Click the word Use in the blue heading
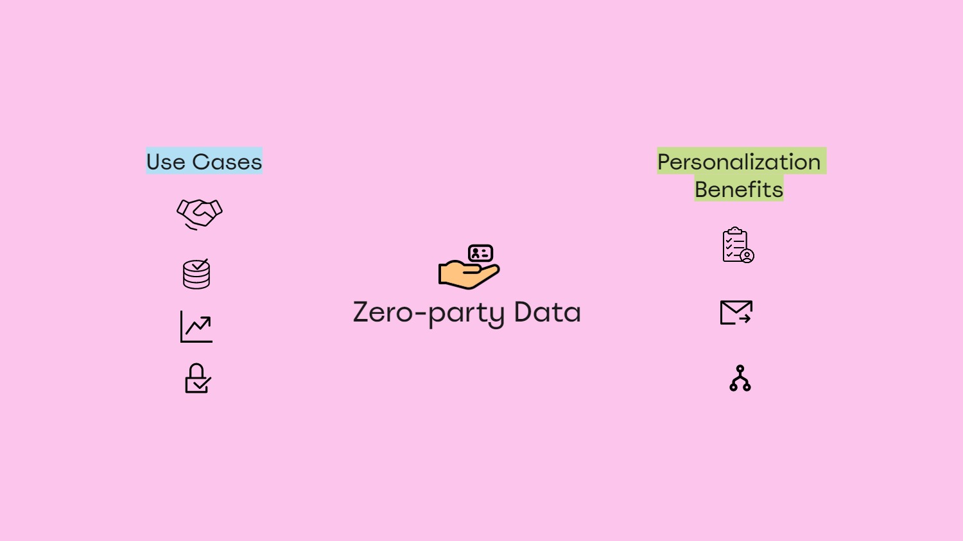point(166,162)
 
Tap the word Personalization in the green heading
point(739,162)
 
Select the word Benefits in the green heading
point(739,189)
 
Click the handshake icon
point(200,213)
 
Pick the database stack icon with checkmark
point(196,274)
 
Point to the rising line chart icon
point(196,327)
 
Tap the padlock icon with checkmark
point(197,379)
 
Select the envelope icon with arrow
point(736,313)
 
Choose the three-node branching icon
point(740,379)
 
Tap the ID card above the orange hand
point(480,253)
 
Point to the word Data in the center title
point(547,313)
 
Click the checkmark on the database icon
point(200,264)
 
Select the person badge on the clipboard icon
point(747,255)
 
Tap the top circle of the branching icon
point(740,368)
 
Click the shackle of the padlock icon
point(196,370)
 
